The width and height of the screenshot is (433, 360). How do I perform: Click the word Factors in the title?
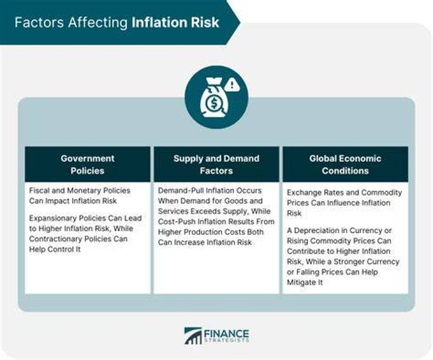[x=39, y=22]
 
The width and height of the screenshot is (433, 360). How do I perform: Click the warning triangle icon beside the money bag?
[x=232, y=85]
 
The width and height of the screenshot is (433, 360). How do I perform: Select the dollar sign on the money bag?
[x=213, y=104]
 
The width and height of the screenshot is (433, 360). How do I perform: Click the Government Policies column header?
[x=88, y=164]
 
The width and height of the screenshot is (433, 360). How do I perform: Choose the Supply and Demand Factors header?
[x=216, y=164]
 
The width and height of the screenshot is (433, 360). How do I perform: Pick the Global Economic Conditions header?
[x=345, y=164]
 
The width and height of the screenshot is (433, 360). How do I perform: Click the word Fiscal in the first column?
[x=39, y=190]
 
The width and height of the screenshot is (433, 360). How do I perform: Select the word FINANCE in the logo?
[x=227, y=334]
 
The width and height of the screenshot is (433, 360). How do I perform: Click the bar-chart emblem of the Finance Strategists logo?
[x=193, y=336]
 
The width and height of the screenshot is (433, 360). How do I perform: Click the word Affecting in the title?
[x=98, y=23]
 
